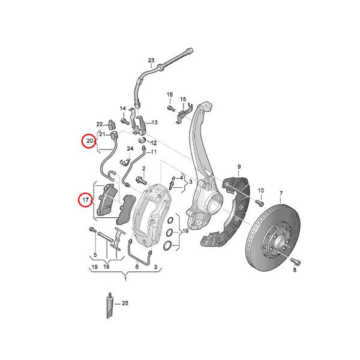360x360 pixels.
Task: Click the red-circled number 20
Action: tap(89, 142)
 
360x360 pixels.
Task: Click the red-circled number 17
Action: tap(86, 199)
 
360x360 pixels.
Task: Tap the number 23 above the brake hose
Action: tap(151, 60)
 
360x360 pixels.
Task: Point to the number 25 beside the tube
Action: tap(125, 305)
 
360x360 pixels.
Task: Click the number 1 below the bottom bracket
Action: tap(125, 278)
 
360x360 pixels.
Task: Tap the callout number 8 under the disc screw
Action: tap(295, 271)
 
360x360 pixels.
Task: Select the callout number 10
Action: tap(261, 191)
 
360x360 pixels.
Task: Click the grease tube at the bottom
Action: tap(110, 306)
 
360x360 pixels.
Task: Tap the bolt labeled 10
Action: tap(260, 203)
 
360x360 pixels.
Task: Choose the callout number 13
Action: tap(154, 122)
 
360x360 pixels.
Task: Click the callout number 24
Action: tap(130, 148)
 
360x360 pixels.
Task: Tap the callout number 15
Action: tap(183, 99)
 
